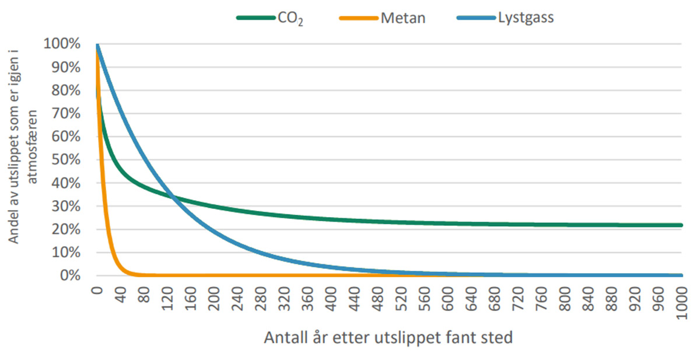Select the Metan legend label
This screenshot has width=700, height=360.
click(403, 18)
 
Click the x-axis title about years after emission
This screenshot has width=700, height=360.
click(388, 338)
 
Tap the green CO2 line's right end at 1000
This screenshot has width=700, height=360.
click(681, 225)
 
